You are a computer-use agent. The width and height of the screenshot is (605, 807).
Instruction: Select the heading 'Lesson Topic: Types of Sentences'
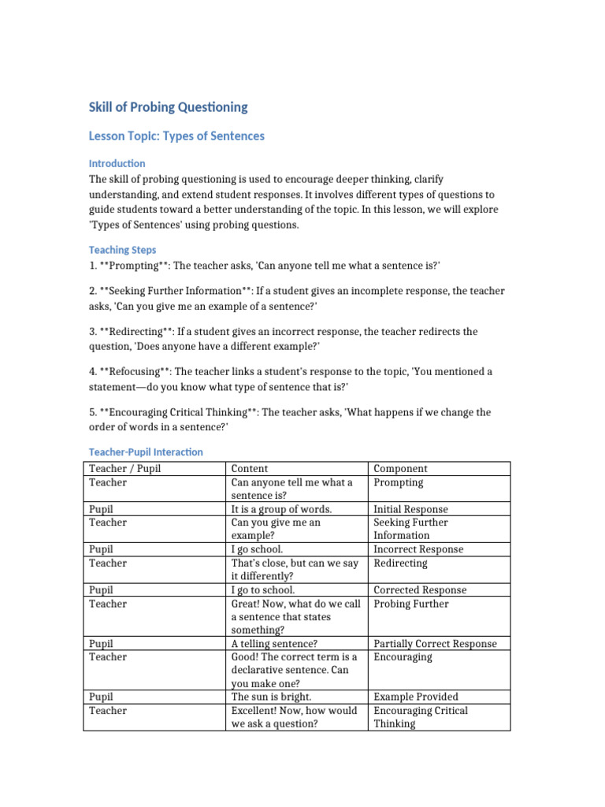pyautogui.click(x=176, y=136)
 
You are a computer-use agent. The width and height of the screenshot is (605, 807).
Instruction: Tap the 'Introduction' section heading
pyautogui.click(x=117, y=163)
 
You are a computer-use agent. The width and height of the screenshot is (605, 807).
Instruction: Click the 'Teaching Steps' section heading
pyautogui.click(x=120, y=249)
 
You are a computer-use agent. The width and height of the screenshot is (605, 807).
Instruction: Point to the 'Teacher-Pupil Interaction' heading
pyautogui.click(x=146, y=452)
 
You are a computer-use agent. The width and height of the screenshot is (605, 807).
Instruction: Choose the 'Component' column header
pyautogui.click(x=400, y=468)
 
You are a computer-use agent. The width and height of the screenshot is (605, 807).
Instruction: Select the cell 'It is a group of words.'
pyautogui.click(x=281, y=509)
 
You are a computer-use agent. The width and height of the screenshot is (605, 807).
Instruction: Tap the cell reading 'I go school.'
pyautogui.click(x=257, y=549)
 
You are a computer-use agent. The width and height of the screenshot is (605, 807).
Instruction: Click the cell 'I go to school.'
pyautogui.click(x=263, y=589)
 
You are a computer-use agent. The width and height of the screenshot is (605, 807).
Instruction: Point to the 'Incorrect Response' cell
pyautogui.click(x=418, y=549)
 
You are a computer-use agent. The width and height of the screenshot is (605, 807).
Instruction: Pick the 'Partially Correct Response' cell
pyautogui.click(x=435, y=643)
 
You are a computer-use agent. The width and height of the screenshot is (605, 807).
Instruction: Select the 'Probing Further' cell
pyautogui.click(x=410, y=604)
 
